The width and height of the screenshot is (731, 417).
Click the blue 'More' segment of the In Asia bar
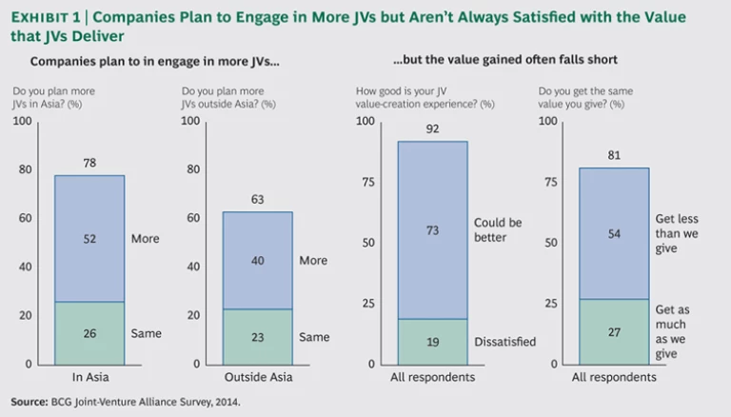point(89,238)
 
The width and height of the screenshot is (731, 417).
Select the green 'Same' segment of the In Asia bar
point(89,333)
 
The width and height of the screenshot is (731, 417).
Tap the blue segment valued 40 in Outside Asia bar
point(259,260)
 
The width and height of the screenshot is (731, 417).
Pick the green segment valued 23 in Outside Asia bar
point(259,336)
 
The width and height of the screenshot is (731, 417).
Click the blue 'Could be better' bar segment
point(432,229)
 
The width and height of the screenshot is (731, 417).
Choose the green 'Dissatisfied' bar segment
point(432,341)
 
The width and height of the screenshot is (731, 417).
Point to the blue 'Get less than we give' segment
point(615,233)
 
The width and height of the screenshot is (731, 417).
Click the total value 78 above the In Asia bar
point(89,165)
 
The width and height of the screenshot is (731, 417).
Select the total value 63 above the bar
point(259,201)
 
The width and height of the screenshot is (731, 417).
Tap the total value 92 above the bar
point(432,130)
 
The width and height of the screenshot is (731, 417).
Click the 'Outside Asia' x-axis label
point(259,378)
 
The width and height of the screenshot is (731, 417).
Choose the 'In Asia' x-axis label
point(89,378)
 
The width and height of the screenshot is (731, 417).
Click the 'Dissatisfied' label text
point(504,342)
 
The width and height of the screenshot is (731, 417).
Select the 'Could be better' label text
point(498,229)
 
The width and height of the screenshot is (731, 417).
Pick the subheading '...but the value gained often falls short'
point(505,60)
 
